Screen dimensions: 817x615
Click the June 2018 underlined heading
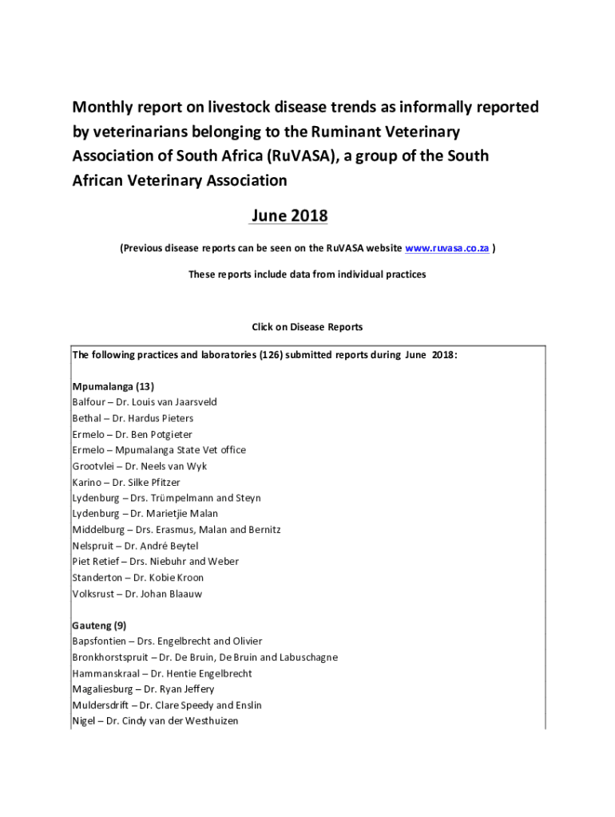click(x=289, y=215)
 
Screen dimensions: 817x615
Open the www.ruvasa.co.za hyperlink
click(x=447, y=249)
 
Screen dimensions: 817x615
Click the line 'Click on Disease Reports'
click(x=307, y=327)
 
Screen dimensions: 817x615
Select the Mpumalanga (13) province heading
click(x=108, y=386)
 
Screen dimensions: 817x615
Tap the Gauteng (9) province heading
click(x=99, y=626)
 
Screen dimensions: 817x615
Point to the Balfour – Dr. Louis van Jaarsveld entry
click(x=145, y=402)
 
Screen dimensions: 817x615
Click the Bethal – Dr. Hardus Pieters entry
click(x=133, y=418)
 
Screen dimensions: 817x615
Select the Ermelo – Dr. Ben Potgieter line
click(x=132, y=434)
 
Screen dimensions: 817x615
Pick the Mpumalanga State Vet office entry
click(x=159, y=450)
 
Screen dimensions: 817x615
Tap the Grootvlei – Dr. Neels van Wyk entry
click(x=139, y=466)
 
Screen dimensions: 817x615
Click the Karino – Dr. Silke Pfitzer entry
click(x=126, y=482)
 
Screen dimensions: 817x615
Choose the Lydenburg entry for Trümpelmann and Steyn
click(x=166, y=498)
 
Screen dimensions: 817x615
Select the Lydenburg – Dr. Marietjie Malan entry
click(x=145, y=514)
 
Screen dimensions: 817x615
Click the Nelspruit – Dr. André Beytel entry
click(x=135, y=546)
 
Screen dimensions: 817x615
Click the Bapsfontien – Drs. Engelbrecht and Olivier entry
click(x=167, y=641)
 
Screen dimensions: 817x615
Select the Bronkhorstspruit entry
click(x=204, y=657)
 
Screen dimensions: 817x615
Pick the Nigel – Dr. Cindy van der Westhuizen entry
click(x=155, y=721)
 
